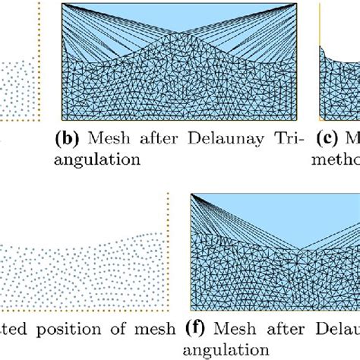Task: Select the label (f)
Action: point(198,329)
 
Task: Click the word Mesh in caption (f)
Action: point(232,329)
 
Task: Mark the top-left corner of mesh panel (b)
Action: point(62,5)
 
